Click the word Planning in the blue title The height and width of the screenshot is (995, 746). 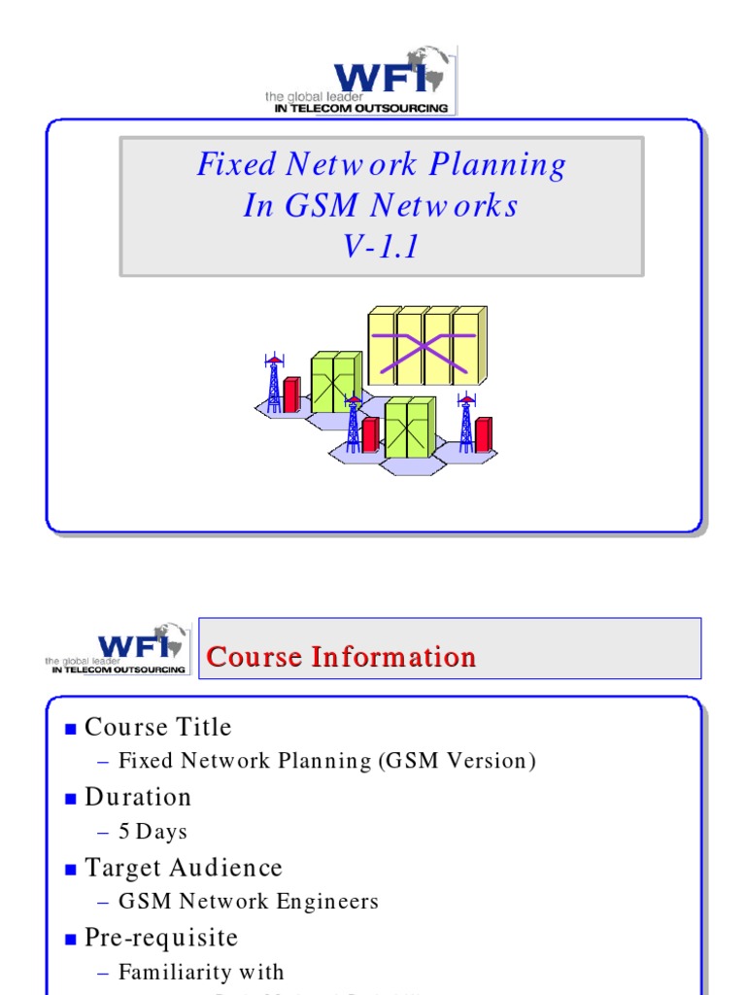pyautogui.click(x=504, y=164)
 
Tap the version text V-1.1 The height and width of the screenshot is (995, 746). pyautogui.click(x=381, y=247)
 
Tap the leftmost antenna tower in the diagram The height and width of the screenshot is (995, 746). pyautogui.click(x=274, y=385)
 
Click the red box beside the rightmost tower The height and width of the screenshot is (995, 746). pyautogui.click(x=483, y=433)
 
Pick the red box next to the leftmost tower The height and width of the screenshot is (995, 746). pyautogui.click(x=290, y=395)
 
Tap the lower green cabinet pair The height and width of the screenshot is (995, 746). pyautogui.click(x=409, y=428)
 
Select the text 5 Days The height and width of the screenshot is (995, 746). pyautogui.click(x=153, y=832)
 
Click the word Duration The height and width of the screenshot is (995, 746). pyautogui.click(x=138, y=798)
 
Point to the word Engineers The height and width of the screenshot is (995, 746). pyautogui.click(x=325, y=902)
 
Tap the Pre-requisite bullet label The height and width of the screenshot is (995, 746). pyautogui.click(x=161, y=938)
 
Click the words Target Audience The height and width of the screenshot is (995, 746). pyautogui.click(x=184, y=868)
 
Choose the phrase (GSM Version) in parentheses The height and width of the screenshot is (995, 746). pyautogui.click(x=457, y=761)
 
